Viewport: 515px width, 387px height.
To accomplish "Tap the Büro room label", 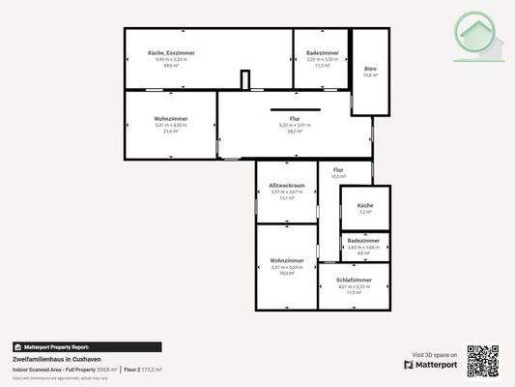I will pos(368,70).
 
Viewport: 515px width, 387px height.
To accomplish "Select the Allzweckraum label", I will pos(287,185).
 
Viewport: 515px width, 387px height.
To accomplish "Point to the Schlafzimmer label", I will pos(355,280).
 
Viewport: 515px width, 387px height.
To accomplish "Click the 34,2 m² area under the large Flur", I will pos(294,131).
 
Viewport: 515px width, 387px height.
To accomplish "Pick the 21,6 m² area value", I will pos(171,131).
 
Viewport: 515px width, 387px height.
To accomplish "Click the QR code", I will pos(483,361).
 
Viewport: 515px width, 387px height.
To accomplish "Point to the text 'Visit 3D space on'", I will pos(434,354).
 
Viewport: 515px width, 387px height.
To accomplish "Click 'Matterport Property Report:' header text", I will pos(55,346).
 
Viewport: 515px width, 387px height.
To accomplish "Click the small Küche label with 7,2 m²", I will pos(365,206).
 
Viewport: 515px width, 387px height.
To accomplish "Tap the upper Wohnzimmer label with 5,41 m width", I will pos(171,118).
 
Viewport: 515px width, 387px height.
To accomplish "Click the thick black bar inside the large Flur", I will pos(294,106).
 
